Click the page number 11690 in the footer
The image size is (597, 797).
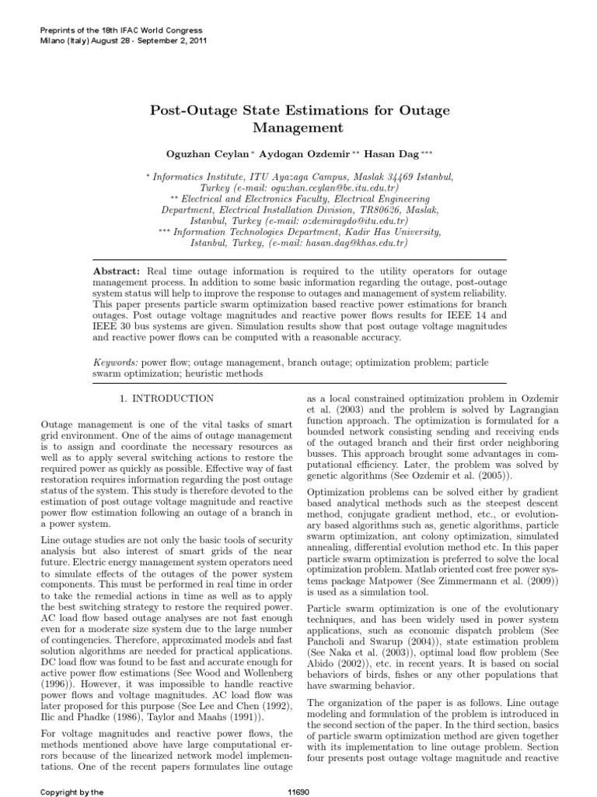coord(298,790)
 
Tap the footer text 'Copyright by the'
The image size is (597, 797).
coord(72,790)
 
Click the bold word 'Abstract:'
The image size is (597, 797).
coord(117,269)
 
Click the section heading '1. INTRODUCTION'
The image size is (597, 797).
coord(167,398)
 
